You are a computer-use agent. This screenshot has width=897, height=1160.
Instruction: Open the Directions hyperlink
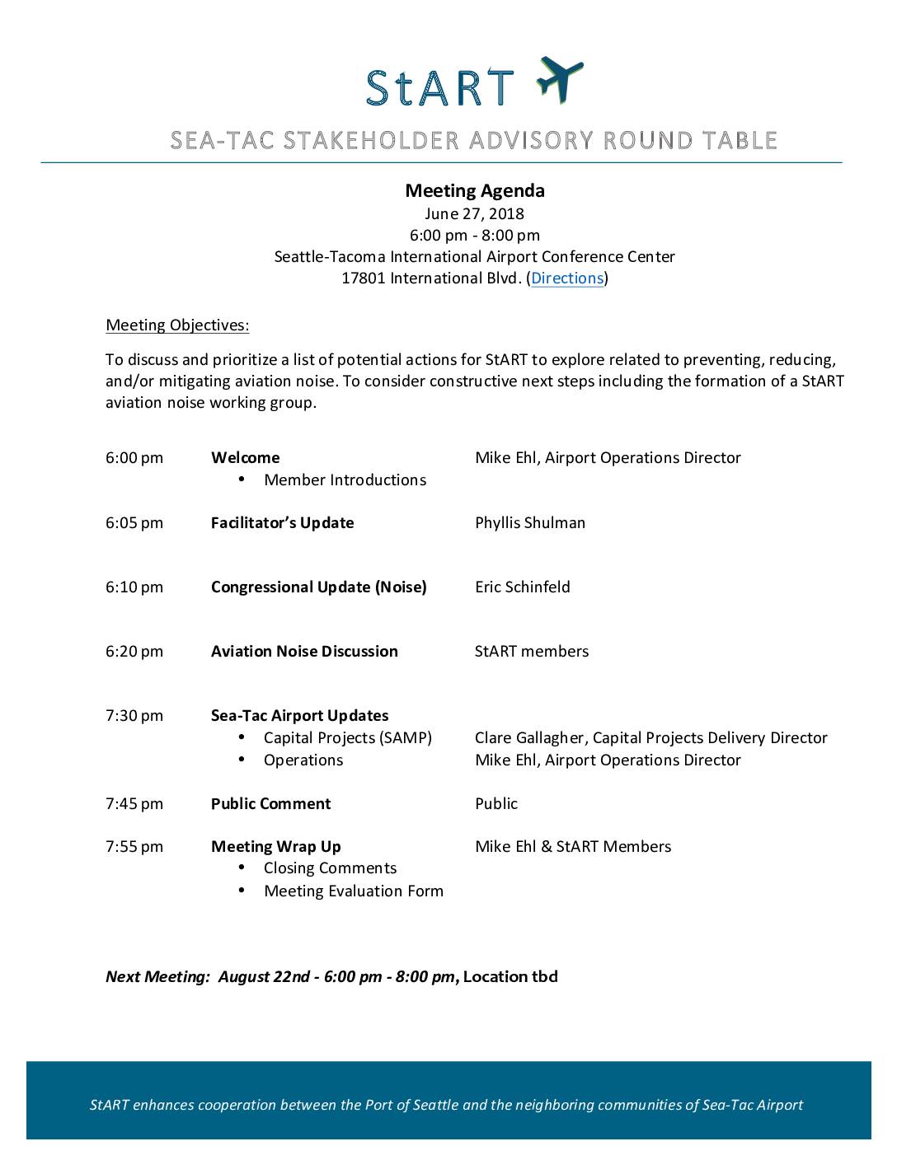point(567,278)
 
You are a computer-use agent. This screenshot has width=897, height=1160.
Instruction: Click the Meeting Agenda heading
point(474,191)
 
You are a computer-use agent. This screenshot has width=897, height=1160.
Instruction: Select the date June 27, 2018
point(474,214)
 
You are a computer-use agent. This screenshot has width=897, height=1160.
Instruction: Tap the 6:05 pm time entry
point(134,523)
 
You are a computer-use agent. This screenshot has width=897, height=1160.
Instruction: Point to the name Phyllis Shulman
point(530,523)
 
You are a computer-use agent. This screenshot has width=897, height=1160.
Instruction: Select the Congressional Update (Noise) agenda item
point(318,587)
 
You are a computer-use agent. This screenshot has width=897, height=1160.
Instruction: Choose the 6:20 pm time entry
point(134,652)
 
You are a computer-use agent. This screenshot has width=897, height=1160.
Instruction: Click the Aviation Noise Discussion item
point(304,652)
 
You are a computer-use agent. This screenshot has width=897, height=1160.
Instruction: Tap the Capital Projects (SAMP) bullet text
point(347,738)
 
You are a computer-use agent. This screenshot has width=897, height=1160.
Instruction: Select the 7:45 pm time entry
point(134,804)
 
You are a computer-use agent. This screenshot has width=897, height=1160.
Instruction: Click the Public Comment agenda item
point(270,804)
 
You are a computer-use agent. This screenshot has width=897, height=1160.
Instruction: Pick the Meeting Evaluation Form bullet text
point(353,891)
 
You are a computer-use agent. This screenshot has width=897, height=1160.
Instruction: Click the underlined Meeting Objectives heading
point(177,325)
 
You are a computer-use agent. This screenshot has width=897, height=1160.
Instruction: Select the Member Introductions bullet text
point(345,480)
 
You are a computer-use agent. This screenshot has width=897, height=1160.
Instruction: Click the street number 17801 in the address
point(364,278)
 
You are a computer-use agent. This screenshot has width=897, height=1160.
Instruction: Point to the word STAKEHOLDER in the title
point(372,141)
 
